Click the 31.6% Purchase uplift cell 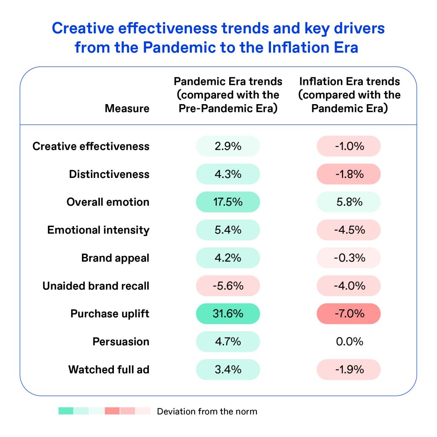(228, 314)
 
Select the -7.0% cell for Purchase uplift (349, 314)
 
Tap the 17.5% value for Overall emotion (228, 202)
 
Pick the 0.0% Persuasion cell (349, 341)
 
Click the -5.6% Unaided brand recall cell (228, 286)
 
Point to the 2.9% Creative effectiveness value (228, 146)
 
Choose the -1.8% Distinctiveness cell (349, 174)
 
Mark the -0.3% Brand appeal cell (349, 258)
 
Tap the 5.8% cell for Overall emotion (349, 202)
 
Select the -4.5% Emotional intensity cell (349, 230)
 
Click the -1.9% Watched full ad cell (349, 369)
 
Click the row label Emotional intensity (98, 230)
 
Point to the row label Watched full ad (109, 369)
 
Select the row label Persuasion (121, 341)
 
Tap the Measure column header (127, 108)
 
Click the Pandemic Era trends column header (228, 95)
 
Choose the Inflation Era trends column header (350, 95)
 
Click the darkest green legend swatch (66, 411)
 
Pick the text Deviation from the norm (207, 411)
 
